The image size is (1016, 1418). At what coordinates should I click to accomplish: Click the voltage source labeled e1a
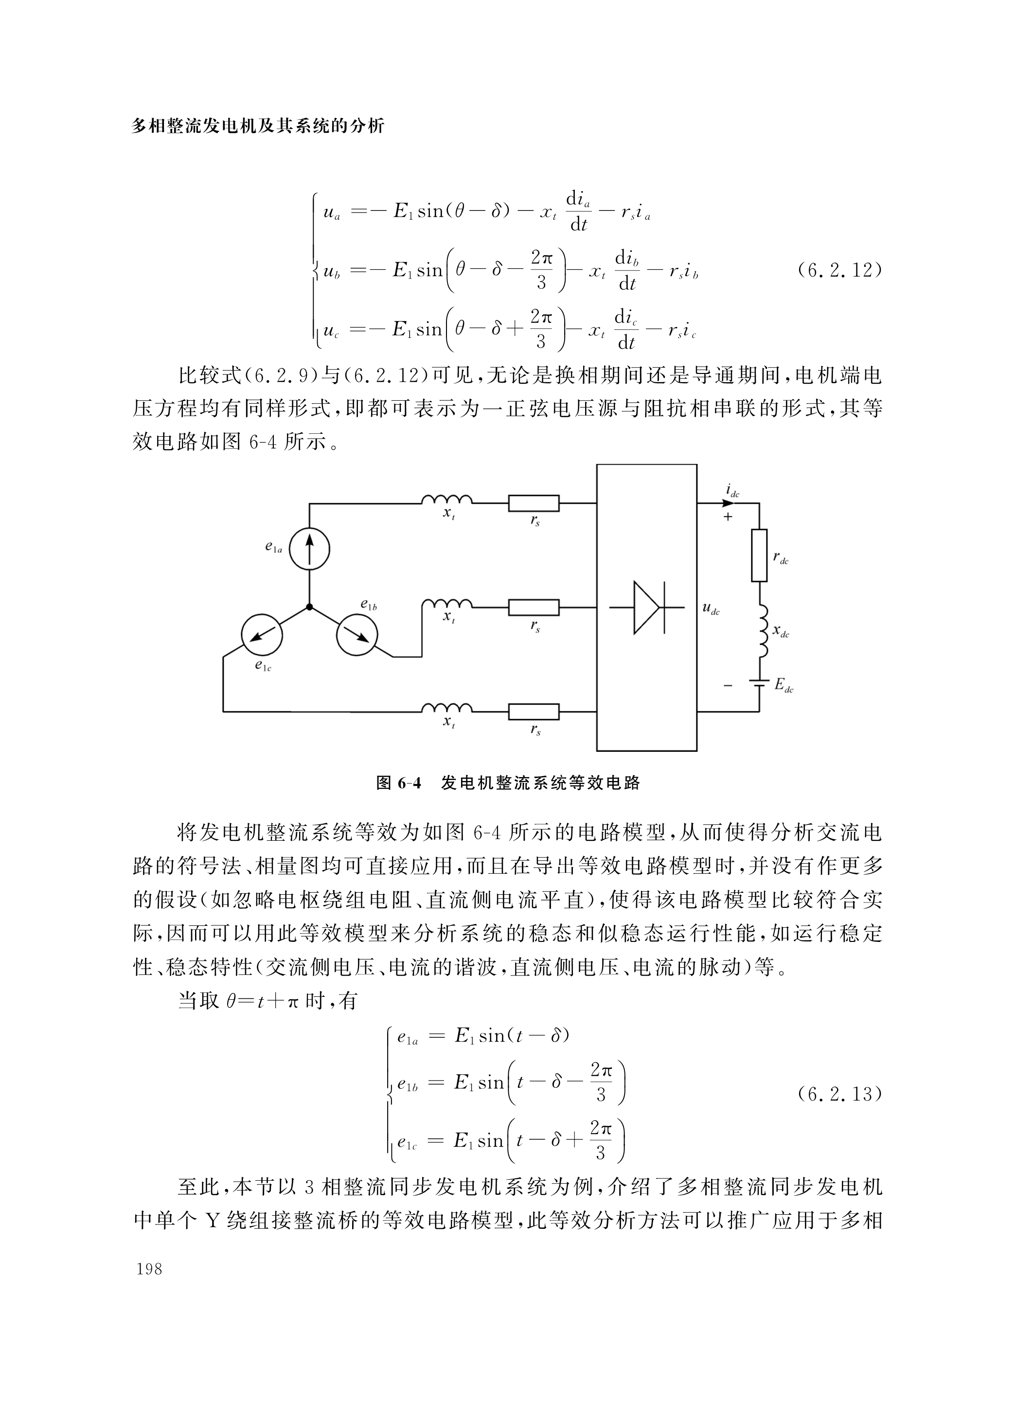tap(309, 549)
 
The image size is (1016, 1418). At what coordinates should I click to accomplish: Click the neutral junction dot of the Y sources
tap(309, 606)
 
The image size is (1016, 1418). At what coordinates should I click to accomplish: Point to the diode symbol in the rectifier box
tap(646, 607)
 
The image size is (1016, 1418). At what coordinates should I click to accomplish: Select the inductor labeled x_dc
tap(760, 632)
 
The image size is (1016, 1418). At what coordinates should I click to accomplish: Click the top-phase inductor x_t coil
tap(446, 499)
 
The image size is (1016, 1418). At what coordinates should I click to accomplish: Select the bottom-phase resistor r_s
tap(534, 711)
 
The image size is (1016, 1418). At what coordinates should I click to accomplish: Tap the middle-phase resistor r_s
tap(534, 607)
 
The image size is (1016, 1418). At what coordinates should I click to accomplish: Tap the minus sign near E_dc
tap(728, 686)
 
